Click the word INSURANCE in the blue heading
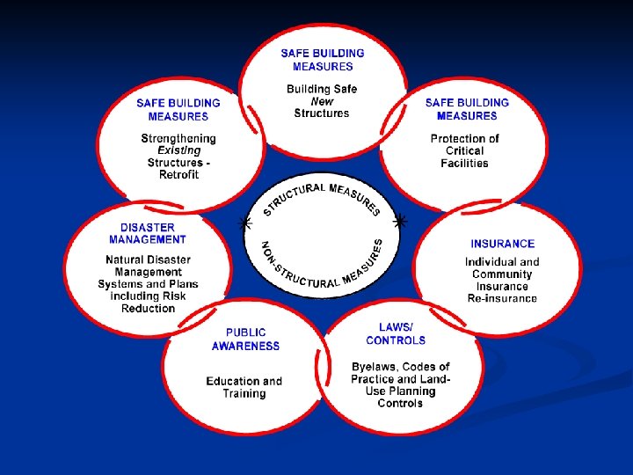coord(502,244)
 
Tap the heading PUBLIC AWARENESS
coord(245,340)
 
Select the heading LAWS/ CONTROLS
coord(396,333)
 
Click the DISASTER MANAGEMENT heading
coord(148,233)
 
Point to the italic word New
coord(322,101)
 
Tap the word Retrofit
coord(178,174)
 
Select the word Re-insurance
coord(501,298)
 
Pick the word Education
coord(233,381)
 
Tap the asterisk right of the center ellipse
coord(401,221)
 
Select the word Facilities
coord(464,163)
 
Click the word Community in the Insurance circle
coord(501,274)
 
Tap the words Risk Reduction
coord(148,303)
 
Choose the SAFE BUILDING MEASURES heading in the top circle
coord(323,60)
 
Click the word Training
coord(244,393)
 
